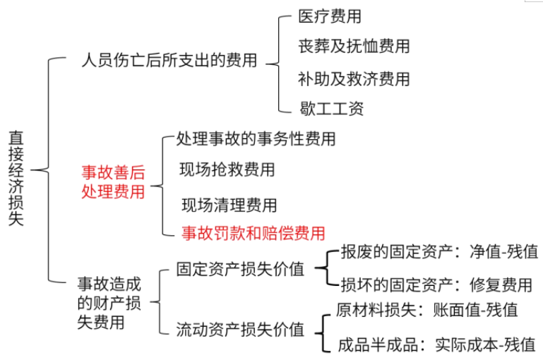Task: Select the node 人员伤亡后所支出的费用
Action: [x=169, y=61]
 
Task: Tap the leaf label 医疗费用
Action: [x=330, y=16]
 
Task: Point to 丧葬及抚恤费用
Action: [x=354, y=46]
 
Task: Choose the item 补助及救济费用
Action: [x=354, y=78]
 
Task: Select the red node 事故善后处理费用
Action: [x=113, y=181]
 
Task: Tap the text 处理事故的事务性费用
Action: [x=256, y=138]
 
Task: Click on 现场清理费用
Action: [x=229, y=205]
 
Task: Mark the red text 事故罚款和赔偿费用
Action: [x=253, y=232]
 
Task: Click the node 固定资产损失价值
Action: [x=240, y=270]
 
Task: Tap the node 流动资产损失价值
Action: [x=240, y=329]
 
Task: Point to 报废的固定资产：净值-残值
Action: [x=438, y=252]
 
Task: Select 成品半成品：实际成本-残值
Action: [x=436, y=345]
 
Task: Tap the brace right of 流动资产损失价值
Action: [x=322, y=329]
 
